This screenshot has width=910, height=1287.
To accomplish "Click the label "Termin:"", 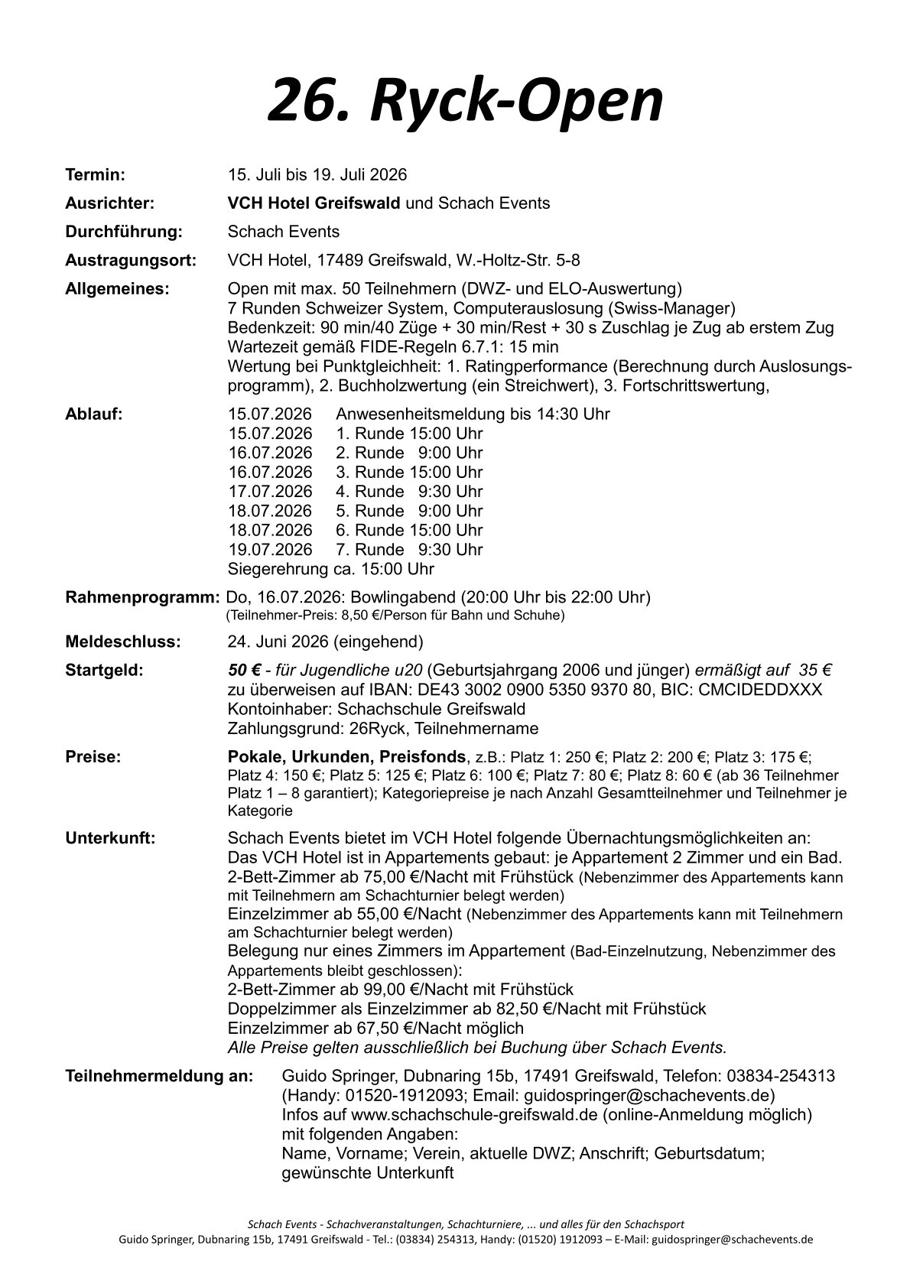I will [x=95, y=175].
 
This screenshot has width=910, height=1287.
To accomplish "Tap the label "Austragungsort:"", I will [x=131, y=260].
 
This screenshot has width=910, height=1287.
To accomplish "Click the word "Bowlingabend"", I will [x=397, y=596].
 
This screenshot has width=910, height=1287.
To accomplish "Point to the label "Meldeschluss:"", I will [x=123, y=642].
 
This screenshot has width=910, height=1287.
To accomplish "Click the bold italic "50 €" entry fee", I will [x=245, y=671].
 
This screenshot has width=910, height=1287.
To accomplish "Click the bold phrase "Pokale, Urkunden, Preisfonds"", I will [x=347, y=757].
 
